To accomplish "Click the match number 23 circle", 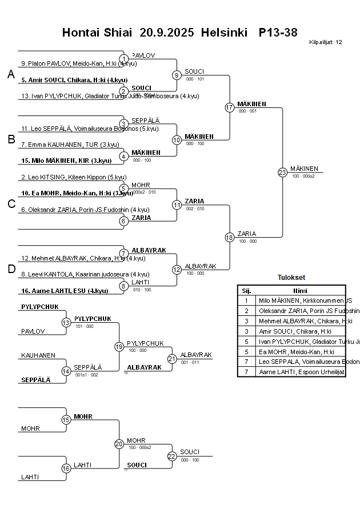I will tap(282, 173).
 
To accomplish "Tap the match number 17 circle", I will tap(230, 107).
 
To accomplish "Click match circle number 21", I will tap(172, 359).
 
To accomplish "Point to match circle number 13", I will tap(66, 323).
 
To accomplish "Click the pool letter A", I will tap(11, 75).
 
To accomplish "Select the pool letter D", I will tap(11, 269).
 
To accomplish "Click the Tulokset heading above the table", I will tap(291, 278).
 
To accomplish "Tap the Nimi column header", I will tap(300, 290).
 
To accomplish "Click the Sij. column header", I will tap(246, 290).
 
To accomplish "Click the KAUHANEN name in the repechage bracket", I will tap(38, 355).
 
